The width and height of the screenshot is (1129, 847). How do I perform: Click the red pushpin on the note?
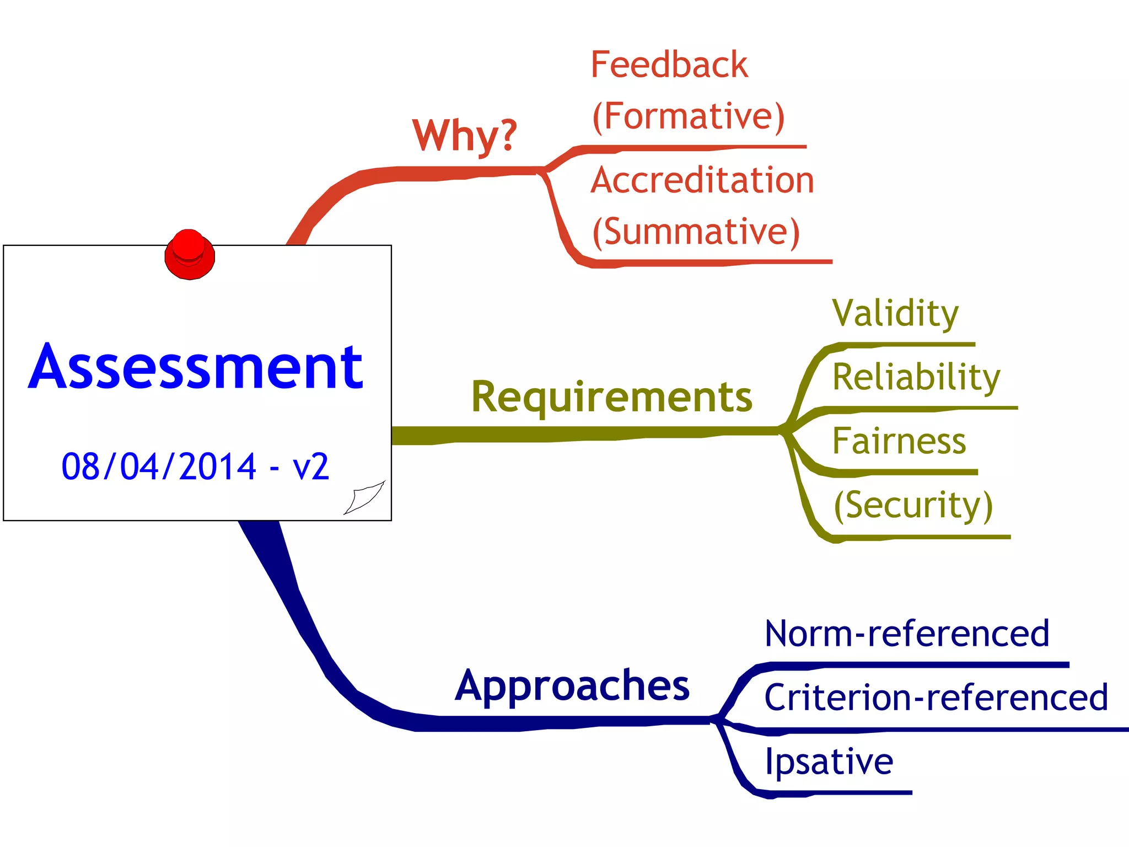(x=189, y=255)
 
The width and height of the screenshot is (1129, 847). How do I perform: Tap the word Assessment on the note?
(x=196, y=367)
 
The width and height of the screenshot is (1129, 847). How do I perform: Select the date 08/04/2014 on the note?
(x=159, y=467)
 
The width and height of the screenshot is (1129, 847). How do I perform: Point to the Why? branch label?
(x=465, y=135)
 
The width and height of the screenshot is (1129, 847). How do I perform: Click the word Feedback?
(x=669, y=65)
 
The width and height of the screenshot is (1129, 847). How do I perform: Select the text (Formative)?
(x=688, y=116)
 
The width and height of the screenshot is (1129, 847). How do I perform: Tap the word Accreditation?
(x=702, y=180)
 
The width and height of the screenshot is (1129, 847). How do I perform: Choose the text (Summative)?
(x=696, y=232)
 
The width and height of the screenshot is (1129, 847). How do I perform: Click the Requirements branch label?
(x=611, y=396)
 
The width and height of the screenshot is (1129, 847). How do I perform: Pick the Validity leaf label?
(x=895, y=313)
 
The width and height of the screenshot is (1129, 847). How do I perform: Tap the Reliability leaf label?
(x=916, y=377)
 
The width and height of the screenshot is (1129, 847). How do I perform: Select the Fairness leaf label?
(x=899, y=441)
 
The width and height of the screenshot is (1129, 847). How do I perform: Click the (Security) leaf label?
(x=913, y=505)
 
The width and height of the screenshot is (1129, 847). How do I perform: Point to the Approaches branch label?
(x=572, y=685)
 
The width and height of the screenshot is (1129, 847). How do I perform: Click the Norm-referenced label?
(x=907, y=634)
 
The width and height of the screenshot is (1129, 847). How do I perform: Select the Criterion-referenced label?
(x=936, y=698)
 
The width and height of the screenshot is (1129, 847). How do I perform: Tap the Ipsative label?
(x=829, y=762)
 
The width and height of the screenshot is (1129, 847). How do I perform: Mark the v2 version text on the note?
(x=311, y=467)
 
